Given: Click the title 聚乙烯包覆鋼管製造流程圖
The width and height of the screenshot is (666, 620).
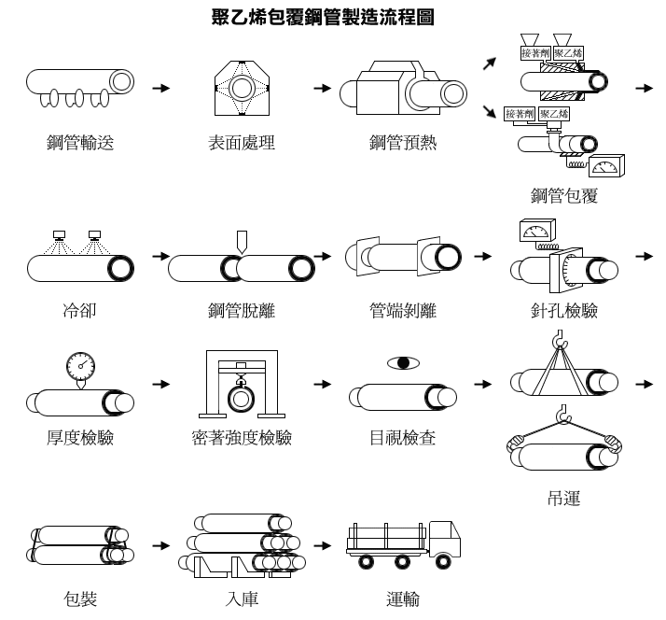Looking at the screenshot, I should point(323,18).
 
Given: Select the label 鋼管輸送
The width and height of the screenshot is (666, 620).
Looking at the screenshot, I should point(80,143).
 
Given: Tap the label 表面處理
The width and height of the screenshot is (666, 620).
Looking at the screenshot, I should point(242,143).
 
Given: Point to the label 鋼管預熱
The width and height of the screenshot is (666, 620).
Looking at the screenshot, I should point(403,143).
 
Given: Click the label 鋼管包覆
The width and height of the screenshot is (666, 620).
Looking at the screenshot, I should point(564,195).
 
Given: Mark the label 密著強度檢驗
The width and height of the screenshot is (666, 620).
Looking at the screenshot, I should point(242,437).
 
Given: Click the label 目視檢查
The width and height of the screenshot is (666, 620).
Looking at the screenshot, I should point(403,437).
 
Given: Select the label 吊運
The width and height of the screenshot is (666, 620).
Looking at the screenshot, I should point(564,498).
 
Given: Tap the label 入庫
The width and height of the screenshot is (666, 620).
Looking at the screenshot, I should point(242,599).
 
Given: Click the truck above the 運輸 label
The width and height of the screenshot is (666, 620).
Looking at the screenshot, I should point(404,544).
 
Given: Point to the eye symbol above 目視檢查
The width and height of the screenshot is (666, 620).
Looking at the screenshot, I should point(403,362).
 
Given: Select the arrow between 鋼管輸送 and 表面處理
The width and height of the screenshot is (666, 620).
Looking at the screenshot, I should point(161,88).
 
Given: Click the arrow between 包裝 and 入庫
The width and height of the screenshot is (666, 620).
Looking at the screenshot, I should point(161,545).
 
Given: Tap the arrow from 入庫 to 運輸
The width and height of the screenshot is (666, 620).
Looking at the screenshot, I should point(323,545).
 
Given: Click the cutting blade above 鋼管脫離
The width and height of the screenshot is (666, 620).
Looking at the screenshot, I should point(242,242).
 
